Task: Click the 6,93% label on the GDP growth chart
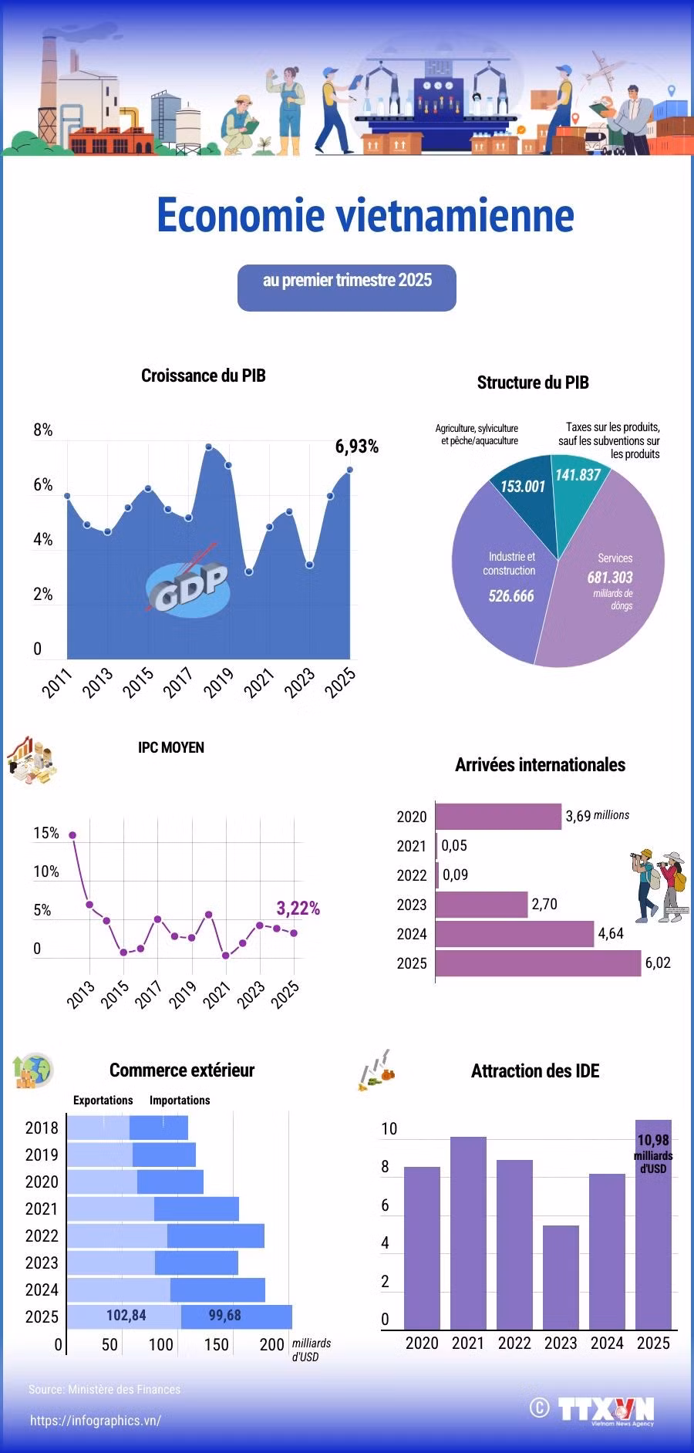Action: coord(356,447)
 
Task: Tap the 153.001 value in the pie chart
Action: coord(523,487)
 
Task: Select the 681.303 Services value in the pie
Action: coord(610,577)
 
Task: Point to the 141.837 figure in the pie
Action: coord(578,475)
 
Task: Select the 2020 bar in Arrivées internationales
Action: coord(499,817)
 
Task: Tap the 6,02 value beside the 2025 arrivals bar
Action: coord(658,962)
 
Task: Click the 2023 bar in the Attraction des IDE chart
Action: coord(561,1277)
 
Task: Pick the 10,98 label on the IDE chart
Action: coord(653,1140)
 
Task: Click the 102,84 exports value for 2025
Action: coord(126,1315)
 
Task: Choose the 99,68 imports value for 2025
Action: coord(225,1315)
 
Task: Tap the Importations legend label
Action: coord(180,1100)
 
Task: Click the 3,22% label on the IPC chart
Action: coord(298,908)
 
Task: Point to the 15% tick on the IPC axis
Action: coord(46,833)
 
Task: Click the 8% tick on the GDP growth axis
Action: coord(42,430)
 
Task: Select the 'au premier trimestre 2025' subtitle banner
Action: coord(347,288)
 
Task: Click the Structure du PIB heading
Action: coord(533,383)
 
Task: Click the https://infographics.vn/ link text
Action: coord(96,1421)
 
